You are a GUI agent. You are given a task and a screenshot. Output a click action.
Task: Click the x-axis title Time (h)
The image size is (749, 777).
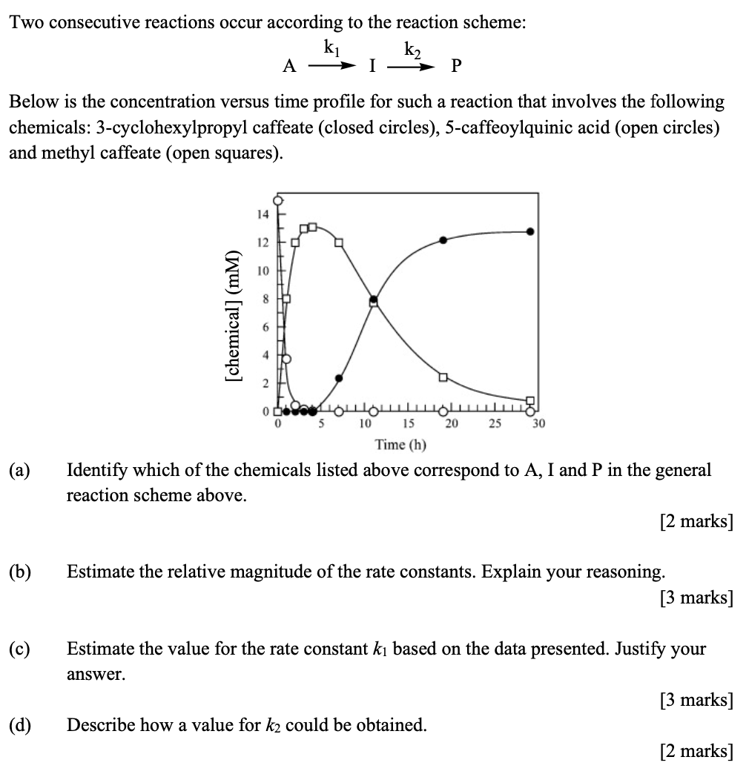pos(400,445)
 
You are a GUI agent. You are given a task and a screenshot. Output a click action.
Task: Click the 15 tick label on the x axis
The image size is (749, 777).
pos(409,425)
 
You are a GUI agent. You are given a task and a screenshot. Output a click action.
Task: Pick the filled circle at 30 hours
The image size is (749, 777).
pos(529,231)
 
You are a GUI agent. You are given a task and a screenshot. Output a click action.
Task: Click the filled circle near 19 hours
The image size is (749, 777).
pos(443,239)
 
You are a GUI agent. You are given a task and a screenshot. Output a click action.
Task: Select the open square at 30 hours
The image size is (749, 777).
pos(529,401)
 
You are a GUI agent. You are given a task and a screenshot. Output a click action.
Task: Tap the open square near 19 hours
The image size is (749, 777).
pos(443,377)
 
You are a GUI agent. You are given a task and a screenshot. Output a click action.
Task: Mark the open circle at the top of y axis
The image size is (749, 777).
pos(279,200)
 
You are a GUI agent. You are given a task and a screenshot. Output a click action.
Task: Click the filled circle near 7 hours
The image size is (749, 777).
pos(339,378)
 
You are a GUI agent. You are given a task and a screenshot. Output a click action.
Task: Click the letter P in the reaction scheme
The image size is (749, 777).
pos(455,67)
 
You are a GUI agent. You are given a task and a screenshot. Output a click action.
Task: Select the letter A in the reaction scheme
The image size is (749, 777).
pos(290,67)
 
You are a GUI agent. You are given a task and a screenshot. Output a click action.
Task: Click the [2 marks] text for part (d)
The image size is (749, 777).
pos(696,751)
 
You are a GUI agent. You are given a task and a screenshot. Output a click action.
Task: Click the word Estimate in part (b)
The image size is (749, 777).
pos(98,572)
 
